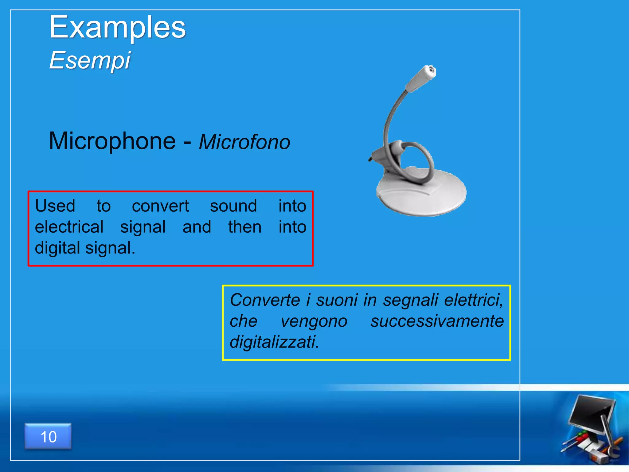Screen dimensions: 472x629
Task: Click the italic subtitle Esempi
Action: pyautogui.click(x=90, y=60)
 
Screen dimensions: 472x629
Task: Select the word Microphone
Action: pyautogui.click(x=112, y=141)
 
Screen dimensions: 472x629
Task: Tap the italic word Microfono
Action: pyautogui.click(x=244, y=142)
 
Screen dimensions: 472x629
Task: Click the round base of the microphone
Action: pyautogui.click(x=421, y=194)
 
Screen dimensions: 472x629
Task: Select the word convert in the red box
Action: pyautogui.click(x=160, y=206)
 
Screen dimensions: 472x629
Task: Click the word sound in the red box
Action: pyautogui.click(x=233, y=206)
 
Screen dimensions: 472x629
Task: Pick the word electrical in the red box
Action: pyautogui.click(x=69, y=227)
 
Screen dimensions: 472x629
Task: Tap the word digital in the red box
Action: pyautogui.click(x=57, y=248)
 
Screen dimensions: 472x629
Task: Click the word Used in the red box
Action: pyautogui.click(x=55, y=206)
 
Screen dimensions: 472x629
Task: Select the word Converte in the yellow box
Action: pyautogui.click(x=265, y=300)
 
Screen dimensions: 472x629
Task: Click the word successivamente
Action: pyautogui.click(x=437, y=321)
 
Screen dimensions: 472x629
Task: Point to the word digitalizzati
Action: pyautogui.click(x=274, y=342)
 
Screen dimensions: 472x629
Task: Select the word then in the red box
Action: pyautogui.click(x=245, y=227)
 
